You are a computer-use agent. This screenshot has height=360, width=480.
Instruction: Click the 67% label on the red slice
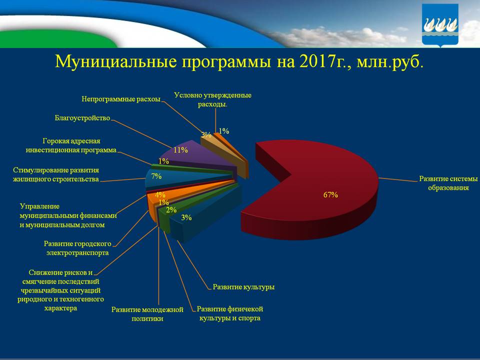tap(330, 195)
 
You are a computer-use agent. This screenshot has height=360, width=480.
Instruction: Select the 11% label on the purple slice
tap(180, 150)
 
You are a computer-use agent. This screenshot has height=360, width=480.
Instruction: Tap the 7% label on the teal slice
tap(156, 176)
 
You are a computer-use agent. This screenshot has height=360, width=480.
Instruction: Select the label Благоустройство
tap(82, 118)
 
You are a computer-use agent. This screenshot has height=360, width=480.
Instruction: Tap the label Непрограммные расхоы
tap(121, 99)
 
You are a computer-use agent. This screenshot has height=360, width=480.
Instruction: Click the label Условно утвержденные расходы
tap(212, 99)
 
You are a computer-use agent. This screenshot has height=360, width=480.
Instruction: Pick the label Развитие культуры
tap(243, 287)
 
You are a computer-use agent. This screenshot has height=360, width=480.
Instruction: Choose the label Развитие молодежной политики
tap(147, 314)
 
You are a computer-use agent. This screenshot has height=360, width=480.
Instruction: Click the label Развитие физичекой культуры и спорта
tap(230, 313)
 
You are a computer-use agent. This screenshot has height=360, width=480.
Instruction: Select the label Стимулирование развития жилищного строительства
tap(56, 174)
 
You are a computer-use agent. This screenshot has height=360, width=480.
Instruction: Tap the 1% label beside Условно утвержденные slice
tap(223, 131)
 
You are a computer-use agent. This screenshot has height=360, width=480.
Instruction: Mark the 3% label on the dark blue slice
tap(186, 217)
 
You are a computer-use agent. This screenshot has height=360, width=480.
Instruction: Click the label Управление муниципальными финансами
tap(68, 215)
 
